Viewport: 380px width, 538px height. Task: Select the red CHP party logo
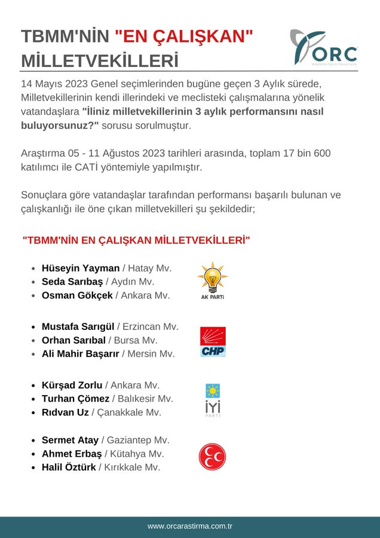(213, 342)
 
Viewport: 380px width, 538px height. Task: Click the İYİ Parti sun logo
(212, 400)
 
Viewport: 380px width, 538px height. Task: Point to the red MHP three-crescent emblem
(212, 457)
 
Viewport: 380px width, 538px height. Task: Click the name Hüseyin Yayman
(81, 268)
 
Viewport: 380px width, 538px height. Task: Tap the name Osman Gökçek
(77, 295)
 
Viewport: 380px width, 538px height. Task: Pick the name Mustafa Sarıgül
(78, 327)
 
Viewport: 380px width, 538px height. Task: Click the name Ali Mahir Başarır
(81, 354)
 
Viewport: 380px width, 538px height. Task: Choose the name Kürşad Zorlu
(72, 386)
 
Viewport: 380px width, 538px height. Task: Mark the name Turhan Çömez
(75, 399)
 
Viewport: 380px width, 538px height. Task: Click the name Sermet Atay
(70, 441)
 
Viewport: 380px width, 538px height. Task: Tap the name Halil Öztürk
(69, 467)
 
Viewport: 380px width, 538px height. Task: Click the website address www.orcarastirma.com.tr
(190, 526)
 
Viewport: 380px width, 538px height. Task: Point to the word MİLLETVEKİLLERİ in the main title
(100, 61)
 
